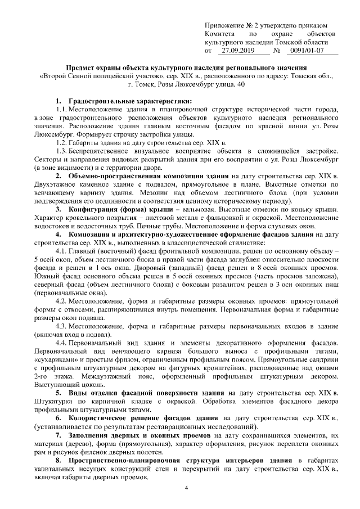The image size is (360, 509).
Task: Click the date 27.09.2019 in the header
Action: click(236, 51)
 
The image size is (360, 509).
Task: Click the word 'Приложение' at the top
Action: click(226, 25)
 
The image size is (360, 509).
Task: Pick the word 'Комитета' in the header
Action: click(220, 34)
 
